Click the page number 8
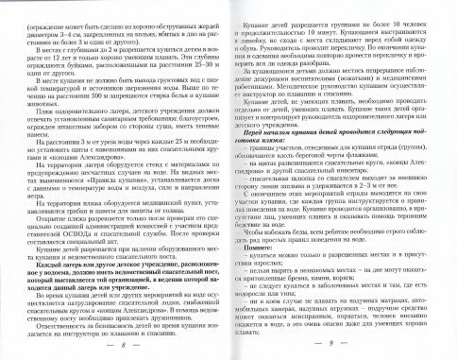[125, 346]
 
